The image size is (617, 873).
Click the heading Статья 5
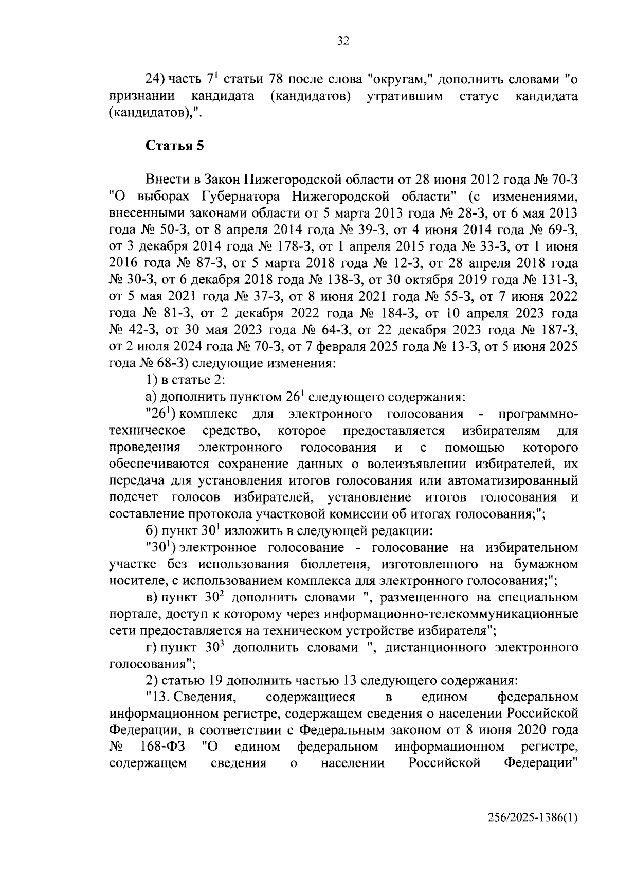[x=175, y=146]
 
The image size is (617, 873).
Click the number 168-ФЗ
[x=163, y=746]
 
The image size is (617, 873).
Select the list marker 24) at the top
[x=155, y=80]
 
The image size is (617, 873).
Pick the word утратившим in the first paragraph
[x=404, y=96]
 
